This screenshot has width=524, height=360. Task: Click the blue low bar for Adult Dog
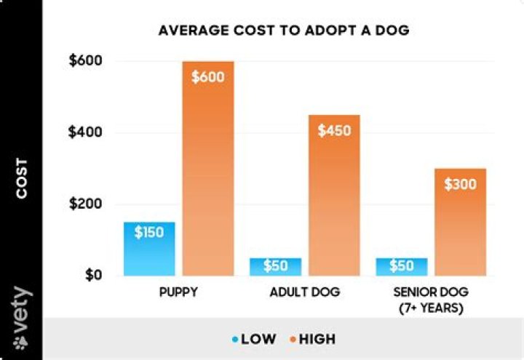[275, 267]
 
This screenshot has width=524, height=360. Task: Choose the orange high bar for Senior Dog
[459, 233]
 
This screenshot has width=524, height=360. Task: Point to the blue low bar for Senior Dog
[401, 267]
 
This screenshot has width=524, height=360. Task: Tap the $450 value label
[334, 132]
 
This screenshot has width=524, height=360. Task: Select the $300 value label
[459, 185]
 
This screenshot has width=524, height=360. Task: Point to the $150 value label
[149, 233]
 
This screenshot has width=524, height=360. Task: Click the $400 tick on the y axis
[84, 132]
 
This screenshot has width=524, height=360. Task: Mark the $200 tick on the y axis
[84, 204]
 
